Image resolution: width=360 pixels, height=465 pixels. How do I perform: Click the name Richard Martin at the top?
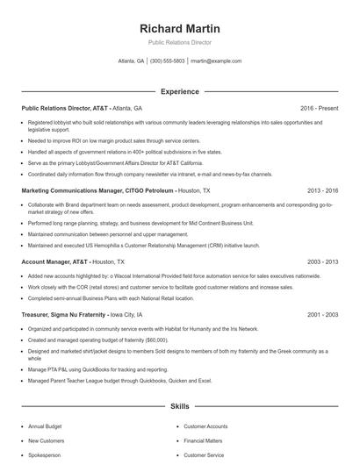(179, 28)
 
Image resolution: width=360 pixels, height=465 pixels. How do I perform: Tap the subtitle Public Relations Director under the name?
(179, 42)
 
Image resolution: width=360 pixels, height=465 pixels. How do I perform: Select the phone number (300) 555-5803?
(168, 61)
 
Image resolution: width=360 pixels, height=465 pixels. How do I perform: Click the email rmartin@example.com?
(216, 61)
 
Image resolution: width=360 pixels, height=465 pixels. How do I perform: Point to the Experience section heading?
(179, 91)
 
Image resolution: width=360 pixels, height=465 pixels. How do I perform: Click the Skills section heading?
(179, 407)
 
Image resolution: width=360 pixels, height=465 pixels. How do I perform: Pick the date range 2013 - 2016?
(323, 190)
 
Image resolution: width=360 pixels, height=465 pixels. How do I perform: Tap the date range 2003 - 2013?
(323, 261)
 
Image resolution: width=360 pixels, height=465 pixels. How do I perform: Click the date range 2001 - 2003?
(323, 314)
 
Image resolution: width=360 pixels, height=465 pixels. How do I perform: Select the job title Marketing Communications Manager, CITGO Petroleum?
(97, 190)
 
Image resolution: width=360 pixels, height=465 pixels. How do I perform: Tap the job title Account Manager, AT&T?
(54, 261)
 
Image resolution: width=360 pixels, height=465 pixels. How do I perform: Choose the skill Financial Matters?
(204, 440)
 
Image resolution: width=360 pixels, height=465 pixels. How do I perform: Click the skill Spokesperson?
(44, 455)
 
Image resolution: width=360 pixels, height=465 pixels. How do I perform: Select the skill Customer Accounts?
(206, 426)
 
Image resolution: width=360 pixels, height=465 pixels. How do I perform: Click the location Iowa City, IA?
(128, 314)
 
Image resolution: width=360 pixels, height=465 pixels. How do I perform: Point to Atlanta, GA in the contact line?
(131, 61)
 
